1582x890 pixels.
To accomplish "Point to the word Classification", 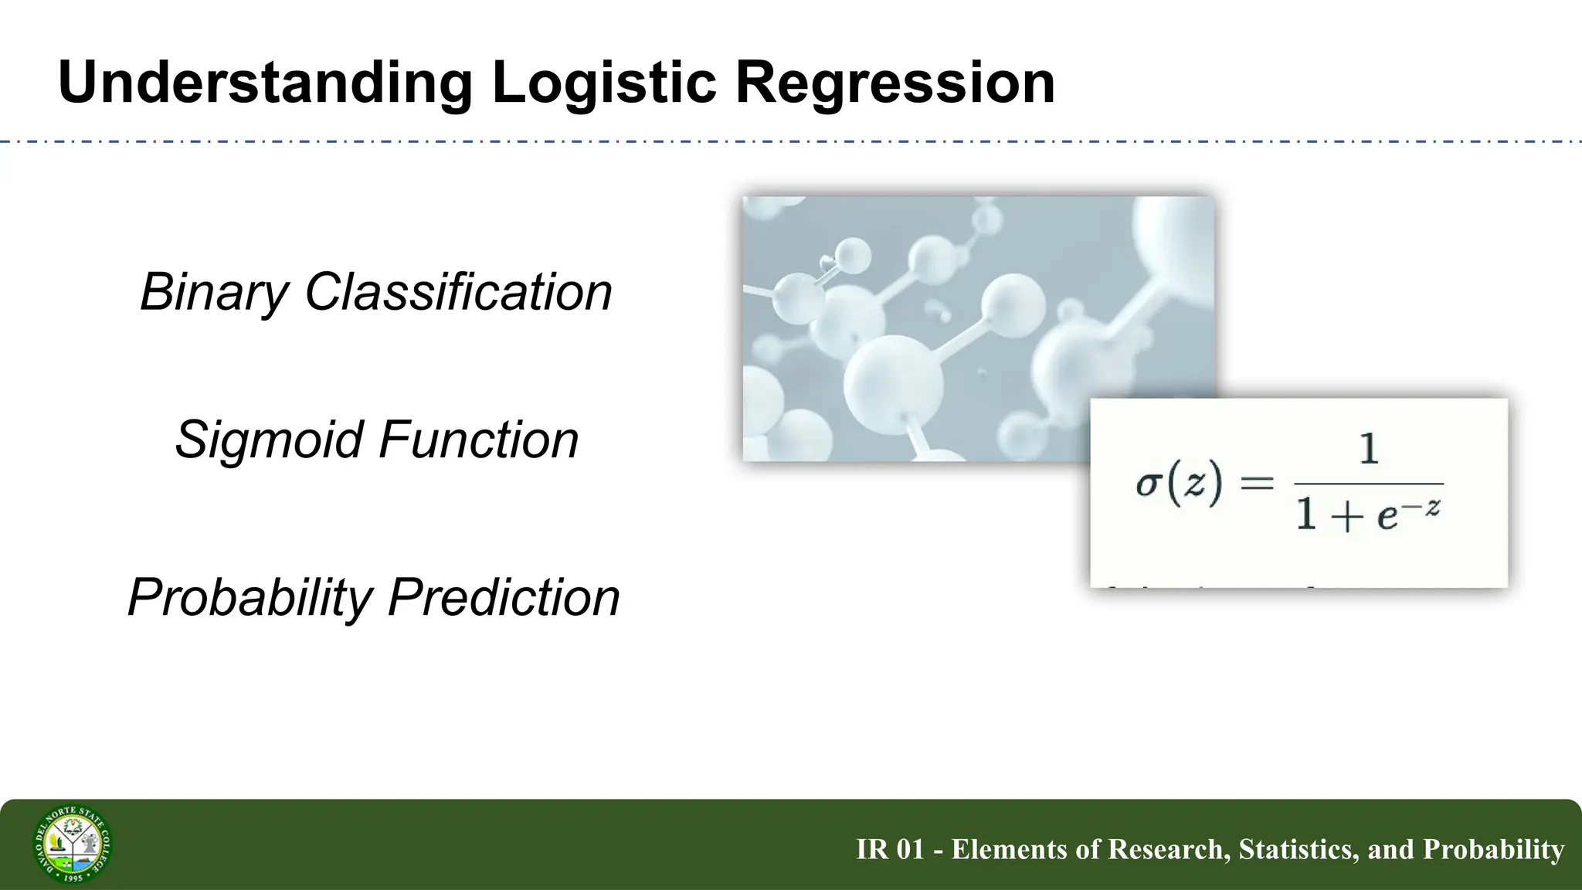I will (459, 292).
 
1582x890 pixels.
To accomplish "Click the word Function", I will (479, 440).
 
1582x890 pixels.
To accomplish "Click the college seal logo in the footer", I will (73, 844).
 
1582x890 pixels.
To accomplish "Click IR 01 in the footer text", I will (890, 849).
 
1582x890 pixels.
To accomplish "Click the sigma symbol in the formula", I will (1149, 485).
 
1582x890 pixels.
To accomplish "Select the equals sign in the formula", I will (1256, 484).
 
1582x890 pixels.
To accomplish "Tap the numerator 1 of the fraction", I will (1368, 449).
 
